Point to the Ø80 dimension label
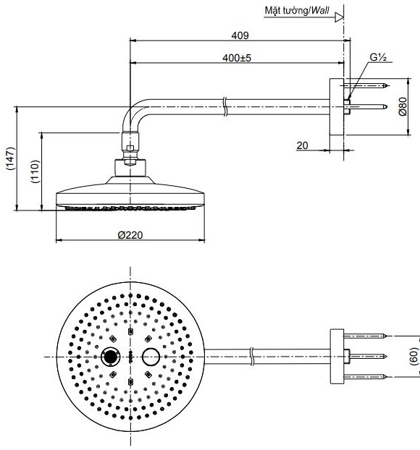pos(403,107)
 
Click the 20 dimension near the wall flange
pos(302,145)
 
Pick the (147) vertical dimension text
pos(9,159)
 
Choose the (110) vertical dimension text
pos(34,171)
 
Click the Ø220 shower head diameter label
pos(130,234)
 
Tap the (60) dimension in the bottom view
pos(413,356)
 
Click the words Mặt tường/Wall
pos(298,11)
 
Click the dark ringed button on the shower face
pos(111,357)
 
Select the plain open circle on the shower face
pos(151,357)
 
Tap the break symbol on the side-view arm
pos(227,110)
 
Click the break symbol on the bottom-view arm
pos(251,356)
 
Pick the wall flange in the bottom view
pos(336,356)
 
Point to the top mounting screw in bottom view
pos(366,336)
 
